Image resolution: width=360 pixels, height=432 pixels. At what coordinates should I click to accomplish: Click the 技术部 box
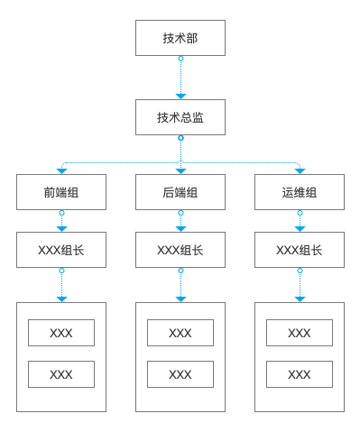point(180,38)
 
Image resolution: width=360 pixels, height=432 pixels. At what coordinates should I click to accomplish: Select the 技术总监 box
point(180,117)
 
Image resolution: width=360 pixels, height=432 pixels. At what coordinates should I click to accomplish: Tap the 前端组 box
point(61,192)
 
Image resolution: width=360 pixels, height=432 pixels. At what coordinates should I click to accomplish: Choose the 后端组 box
point(180,192)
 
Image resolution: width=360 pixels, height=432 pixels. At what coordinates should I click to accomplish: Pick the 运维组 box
point(300,192)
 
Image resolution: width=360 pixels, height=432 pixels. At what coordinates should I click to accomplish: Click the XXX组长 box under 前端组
point(61,250)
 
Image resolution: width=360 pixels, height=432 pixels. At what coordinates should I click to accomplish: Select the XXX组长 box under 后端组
point(180,250)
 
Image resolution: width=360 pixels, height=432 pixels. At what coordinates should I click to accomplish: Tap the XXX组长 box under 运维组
point(300,250)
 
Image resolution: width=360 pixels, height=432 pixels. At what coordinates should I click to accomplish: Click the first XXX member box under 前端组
point(61,333)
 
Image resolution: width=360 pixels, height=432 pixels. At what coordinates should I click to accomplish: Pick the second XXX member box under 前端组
point(61,374)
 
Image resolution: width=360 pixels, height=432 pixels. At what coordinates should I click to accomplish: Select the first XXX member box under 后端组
point(180,333)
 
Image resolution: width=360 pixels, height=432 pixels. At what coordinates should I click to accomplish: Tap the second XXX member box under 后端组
point(180,374)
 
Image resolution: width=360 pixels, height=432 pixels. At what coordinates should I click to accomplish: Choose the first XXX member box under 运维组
point(300,333)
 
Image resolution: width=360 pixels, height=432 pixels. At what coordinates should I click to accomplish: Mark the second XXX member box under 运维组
point(300,374)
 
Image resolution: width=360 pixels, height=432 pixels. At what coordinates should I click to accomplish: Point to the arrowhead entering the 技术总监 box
point(180,96)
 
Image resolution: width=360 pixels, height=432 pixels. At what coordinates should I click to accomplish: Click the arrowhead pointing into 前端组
point(61,170)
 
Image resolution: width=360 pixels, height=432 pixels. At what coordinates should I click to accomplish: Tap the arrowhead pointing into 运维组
point(300,170)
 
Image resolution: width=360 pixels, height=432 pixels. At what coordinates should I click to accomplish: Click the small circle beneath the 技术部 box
point(180,59)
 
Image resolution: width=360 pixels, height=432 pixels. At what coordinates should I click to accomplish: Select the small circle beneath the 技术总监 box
point(180,138)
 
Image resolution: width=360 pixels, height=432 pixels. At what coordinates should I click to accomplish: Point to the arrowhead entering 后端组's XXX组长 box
point(180,228)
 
